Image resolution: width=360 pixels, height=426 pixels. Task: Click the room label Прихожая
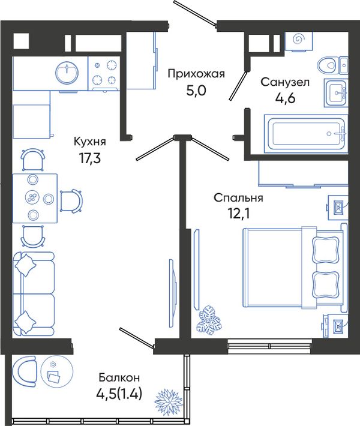pos(196,74)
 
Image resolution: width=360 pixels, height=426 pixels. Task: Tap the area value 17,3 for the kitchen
pos(90,158)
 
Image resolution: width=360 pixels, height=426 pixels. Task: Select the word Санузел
pos(285,82)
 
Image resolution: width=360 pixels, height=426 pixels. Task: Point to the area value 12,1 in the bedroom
pos(239,214)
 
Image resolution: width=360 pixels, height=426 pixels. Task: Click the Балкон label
pos(119,377)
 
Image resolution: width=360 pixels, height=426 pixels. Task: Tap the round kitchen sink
pos(67,72)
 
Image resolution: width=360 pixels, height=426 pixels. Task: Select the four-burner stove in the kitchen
pos(104,73)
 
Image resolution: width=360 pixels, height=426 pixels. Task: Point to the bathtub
pos(306,134)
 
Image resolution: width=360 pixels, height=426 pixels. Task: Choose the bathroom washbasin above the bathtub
pos(336,93)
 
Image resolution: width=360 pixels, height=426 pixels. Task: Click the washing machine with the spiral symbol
pos(299,41)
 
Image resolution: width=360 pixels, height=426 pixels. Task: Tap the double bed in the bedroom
pos(295,268)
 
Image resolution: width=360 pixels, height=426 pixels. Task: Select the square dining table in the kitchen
pos(35,199)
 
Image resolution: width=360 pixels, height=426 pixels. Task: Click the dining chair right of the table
pos(71,201)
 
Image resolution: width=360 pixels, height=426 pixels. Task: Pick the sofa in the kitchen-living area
pos(34,294)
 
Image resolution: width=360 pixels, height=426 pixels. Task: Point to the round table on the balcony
pos(57,372)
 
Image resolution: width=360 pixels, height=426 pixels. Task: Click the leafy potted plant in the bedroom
pos(209,319)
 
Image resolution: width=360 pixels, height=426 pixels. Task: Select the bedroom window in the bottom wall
pos(270,346)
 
